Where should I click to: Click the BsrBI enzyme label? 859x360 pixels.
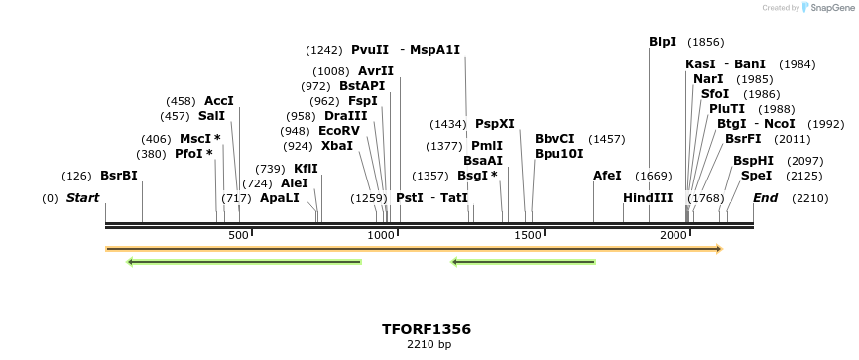(118, 176)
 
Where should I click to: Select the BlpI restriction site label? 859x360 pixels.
(663, 42)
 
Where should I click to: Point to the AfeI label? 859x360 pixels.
(607, 176)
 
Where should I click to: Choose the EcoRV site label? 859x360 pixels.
(339, 130)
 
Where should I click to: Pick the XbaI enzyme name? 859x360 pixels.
(337, 145)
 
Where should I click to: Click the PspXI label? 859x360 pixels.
(495, 124)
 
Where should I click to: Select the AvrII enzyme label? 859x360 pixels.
(376, 71)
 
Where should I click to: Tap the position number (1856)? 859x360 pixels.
(705, 42)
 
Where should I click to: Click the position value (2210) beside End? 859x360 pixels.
(809, 198)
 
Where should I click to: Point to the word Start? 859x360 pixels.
(83, 198)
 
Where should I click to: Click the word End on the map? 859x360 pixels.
(765, 198)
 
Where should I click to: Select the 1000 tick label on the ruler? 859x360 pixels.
(382, 235)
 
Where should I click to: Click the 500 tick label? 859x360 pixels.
(238, 235)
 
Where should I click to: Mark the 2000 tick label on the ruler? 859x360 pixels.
(674, 235)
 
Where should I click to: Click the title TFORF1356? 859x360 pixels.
(427, 329)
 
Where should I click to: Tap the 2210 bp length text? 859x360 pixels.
(429, 345)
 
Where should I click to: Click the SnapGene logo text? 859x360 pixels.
(826, 8)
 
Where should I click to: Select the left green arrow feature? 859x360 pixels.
(244, 262)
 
